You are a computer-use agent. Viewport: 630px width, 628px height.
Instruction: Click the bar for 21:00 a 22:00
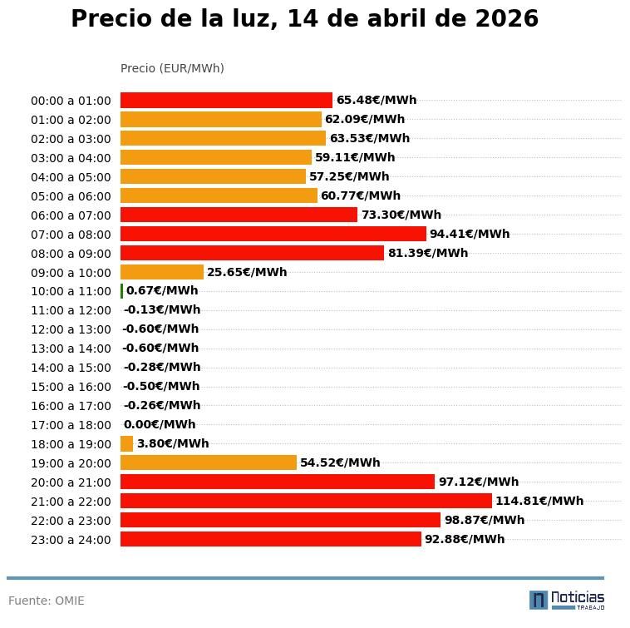point(306,501)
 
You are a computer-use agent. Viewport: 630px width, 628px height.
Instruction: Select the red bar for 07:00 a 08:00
point(273,234)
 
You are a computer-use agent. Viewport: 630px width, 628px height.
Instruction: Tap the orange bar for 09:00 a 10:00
point(161,272)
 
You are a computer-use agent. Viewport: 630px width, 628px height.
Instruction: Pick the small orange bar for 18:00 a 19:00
point(126,443)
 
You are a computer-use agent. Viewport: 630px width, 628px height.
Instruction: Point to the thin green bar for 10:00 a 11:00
point(122,291)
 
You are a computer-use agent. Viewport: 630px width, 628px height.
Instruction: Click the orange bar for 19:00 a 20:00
point(208,462)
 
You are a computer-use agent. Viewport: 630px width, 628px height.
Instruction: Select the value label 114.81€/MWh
point(539,501)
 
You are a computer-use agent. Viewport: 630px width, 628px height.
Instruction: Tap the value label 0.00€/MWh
point(160,424)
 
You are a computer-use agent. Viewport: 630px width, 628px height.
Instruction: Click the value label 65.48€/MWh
point(376,100)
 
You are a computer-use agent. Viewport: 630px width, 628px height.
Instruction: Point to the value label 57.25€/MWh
point(349,176)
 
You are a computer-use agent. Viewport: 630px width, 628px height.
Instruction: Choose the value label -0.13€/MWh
point(161,310)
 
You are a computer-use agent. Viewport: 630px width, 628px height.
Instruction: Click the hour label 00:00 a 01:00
point(71,101)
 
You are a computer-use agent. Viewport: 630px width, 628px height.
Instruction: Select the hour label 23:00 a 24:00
point(71,540)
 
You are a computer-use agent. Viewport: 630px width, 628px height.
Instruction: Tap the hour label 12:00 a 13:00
point(71,329)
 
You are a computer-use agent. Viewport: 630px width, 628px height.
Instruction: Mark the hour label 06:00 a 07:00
point(71,215)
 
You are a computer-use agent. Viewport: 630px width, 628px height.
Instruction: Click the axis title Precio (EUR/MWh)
point(172,68)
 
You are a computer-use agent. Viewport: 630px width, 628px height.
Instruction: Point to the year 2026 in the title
point(506,19)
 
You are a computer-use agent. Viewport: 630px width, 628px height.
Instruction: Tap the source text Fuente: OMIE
point(47,601)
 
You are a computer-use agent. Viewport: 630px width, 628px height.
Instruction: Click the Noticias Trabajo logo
point(567,600)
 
